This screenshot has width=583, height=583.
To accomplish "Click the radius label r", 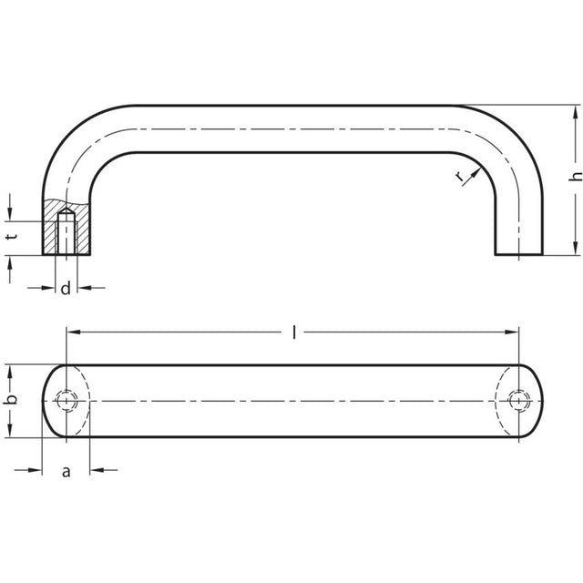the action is tap(460, 177).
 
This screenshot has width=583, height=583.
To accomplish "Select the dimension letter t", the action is tap(13, 237).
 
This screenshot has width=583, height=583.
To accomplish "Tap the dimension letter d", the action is tap(66, 289).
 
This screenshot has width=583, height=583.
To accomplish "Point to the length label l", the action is tap(294, 332).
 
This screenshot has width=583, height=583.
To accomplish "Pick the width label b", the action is tap(12, 400).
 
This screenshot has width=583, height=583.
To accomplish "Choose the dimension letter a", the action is tap(66, 472).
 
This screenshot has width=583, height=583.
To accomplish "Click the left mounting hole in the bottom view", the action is tap(66, 401).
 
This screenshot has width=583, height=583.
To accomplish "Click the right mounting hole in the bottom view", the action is tap(518, 401).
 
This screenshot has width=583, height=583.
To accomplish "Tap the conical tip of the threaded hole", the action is tap(66, 210).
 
